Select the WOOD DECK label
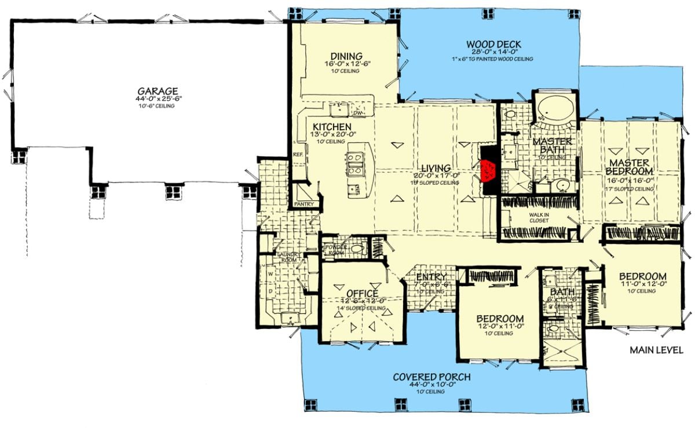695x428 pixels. coord(494,44)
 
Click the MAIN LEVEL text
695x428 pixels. coord(656,350)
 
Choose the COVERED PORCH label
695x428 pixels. coord(431,377)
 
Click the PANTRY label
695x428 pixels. coord(304,204)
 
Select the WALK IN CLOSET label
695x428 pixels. coord(538,217)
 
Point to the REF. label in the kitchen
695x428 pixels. coord(298,155)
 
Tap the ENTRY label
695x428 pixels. coord(431,277)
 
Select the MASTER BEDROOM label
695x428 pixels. coord(630,166)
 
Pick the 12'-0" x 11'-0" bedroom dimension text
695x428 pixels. coord(500,327)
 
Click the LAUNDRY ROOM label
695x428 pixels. coord(287,257)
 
